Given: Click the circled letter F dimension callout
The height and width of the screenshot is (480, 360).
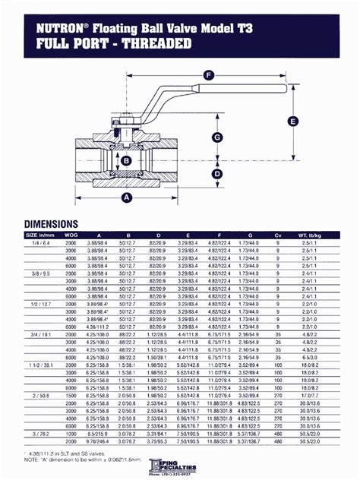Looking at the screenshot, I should click(x=208, y=74).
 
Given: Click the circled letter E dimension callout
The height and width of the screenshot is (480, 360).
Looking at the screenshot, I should click(x=292, y=120).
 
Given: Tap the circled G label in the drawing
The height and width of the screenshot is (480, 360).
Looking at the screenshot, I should click(x=216, y=137).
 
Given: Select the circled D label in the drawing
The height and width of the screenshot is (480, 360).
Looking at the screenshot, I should click(x=216, y=174).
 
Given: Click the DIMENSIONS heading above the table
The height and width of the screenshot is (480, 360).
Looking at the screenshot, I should click(x=51, y=224).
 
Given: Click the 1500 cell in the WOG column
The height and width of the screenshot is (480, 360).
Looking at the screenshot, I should click(x=70, y=395).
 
